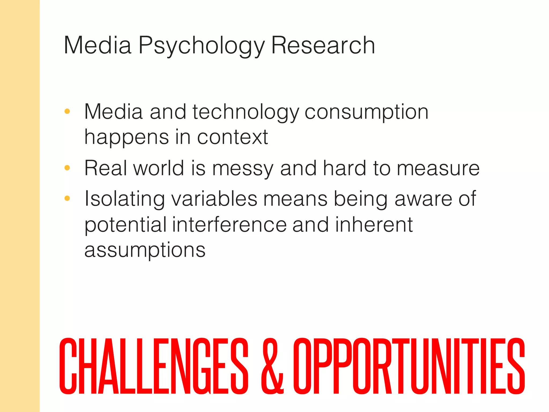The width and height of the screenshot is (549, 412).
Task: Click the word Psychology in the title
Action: click(x=201, y=46)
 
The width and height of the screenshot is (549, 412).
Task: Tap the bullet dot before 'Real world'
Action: click(x=67, y=168)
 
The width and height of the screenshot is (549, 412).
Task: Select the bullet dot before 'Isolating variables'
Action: click(x=67, y=198)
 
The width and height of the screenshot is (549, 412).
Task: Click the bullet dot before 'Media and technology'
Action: click(x=67, y=111)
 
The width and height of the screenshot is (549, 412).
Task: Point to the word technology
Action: click(x=245, y=112)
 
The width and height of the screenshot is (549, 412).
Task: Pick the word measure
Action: click(x=438, y=168)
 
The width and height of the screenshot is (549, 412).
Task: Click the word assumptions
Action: click(x=145, y=250)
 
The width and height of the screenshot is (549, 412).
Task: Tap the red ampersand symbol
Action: click(x=272, y=366)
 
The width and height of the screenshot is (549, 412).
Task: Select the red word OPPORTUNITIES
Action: click(x=409, y=366)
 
